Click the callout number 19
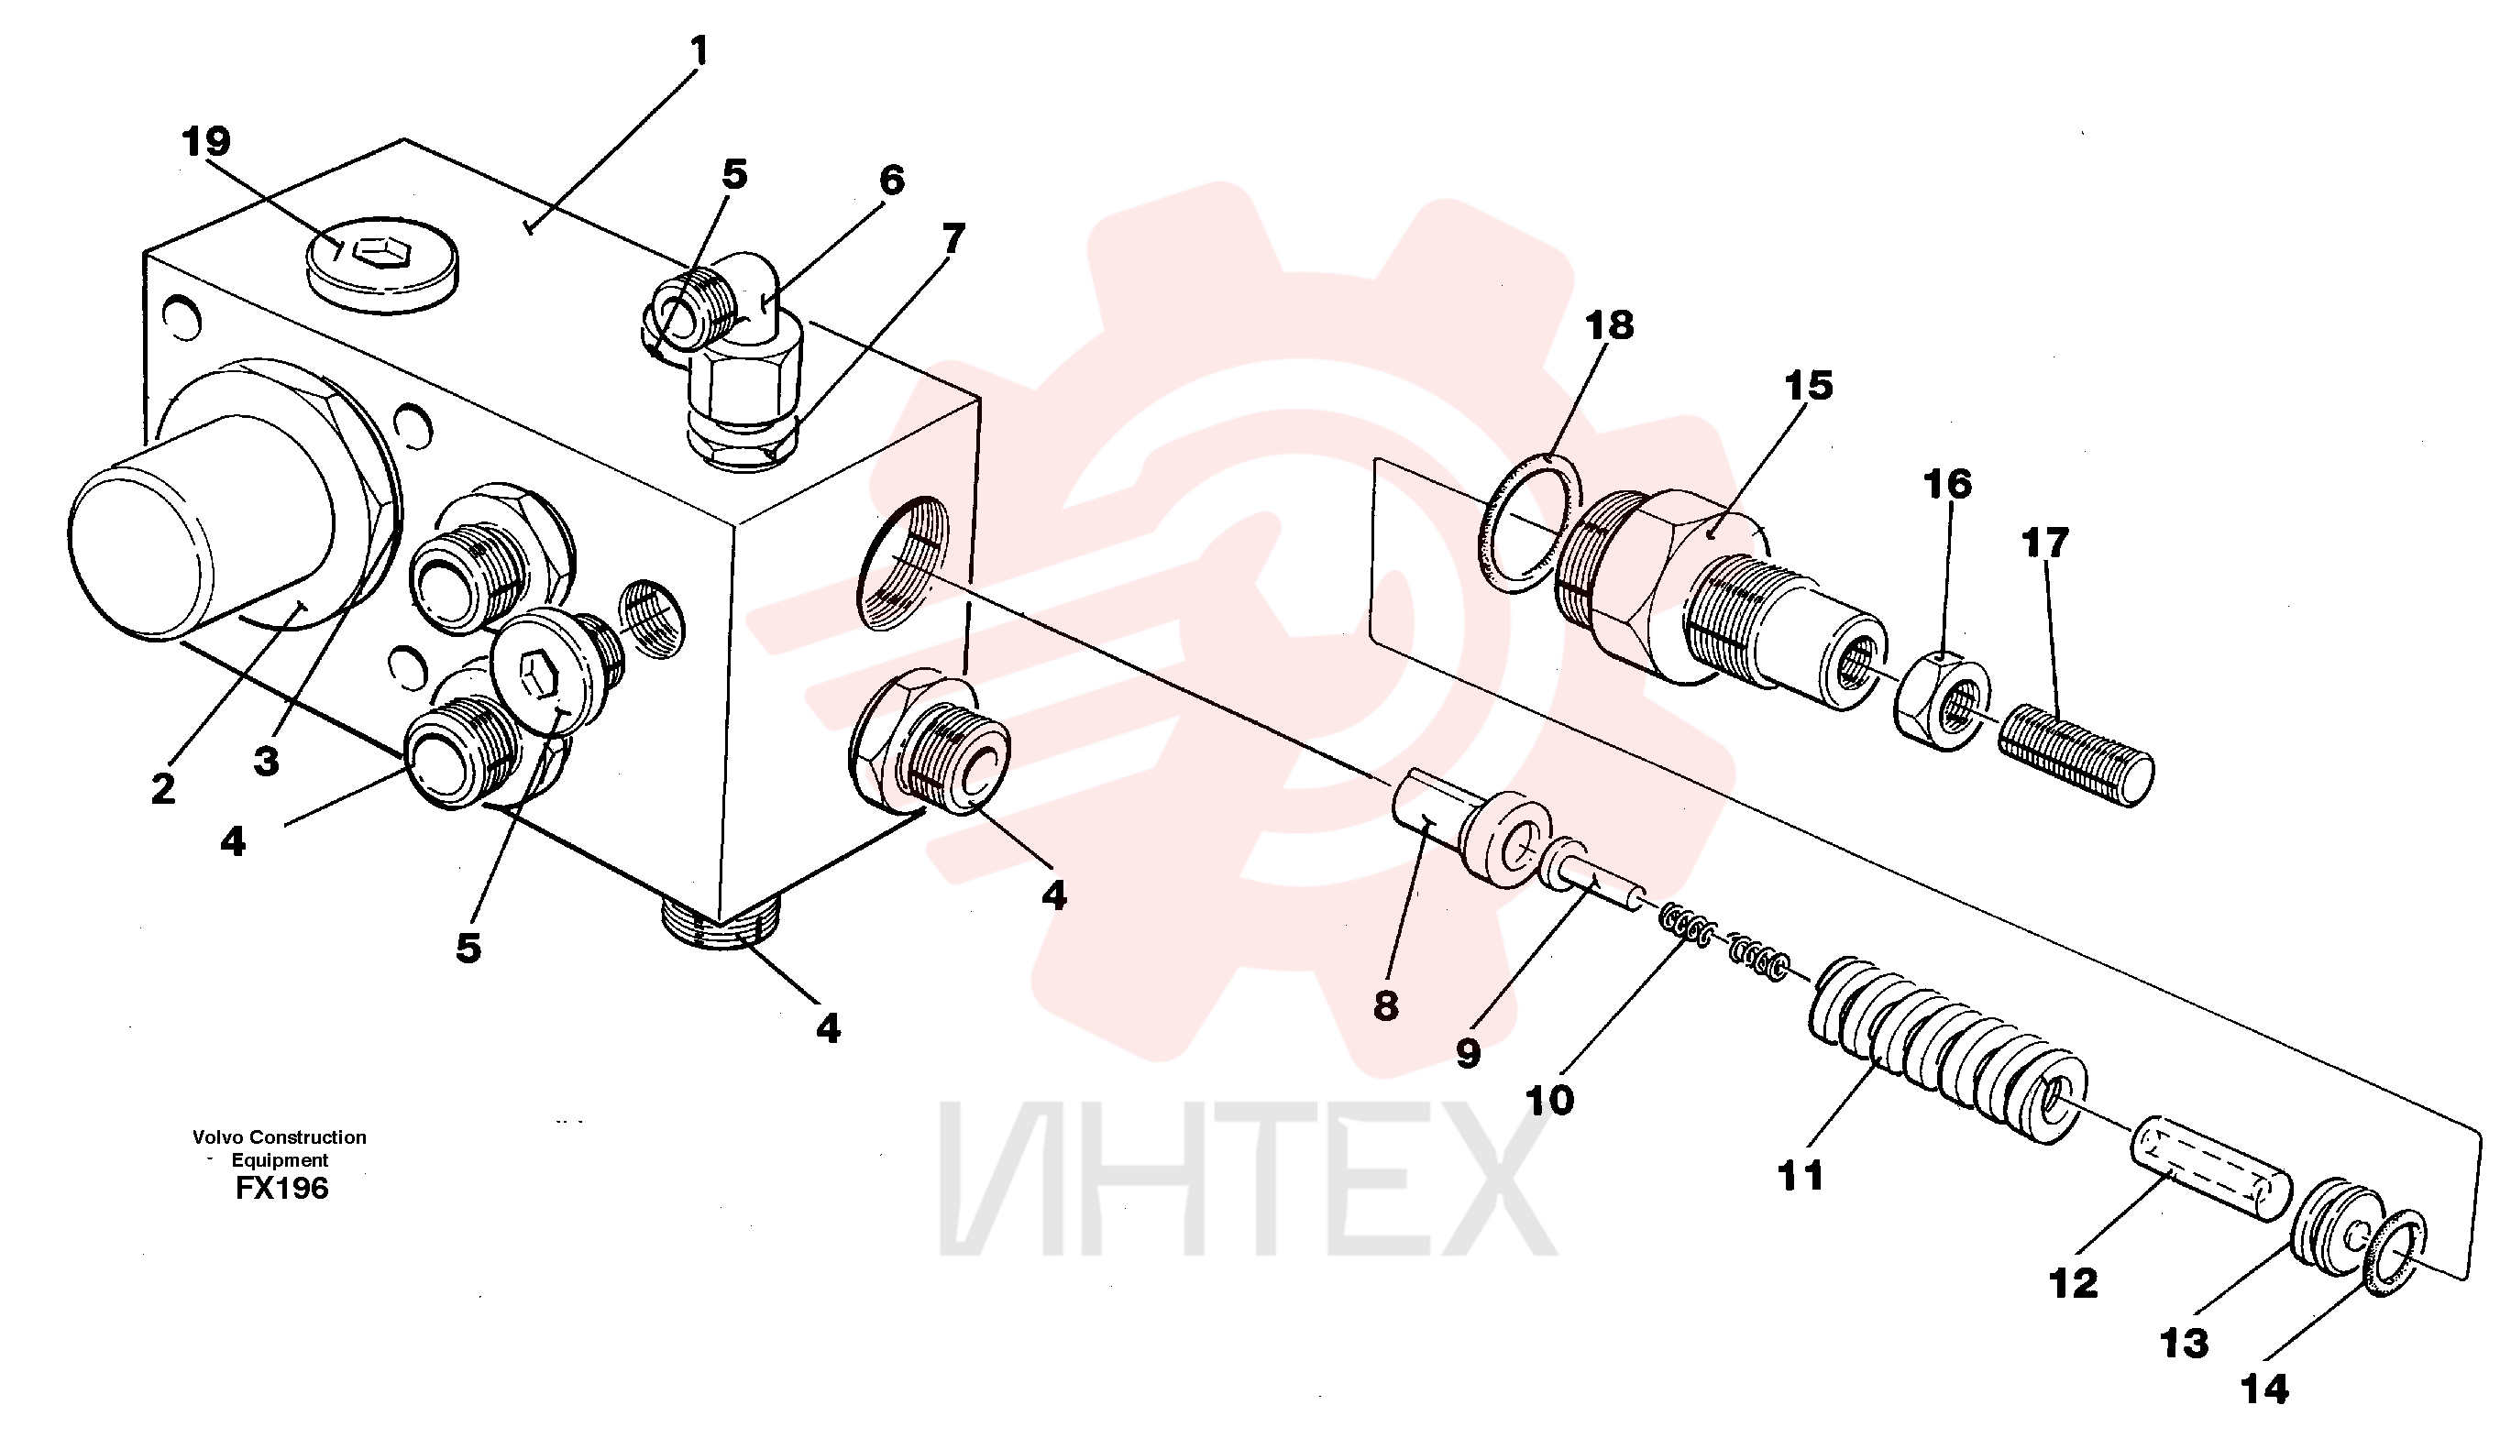206,142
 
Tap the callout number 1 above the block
699,51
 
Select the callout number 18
1610,325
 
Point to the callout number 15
1809,385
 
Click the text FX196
281,1187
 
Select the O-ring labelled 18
1530,523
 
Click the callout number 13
2185,1344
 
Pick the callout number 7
953,238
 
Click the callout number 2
163,788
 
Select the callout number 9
1469,1054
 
